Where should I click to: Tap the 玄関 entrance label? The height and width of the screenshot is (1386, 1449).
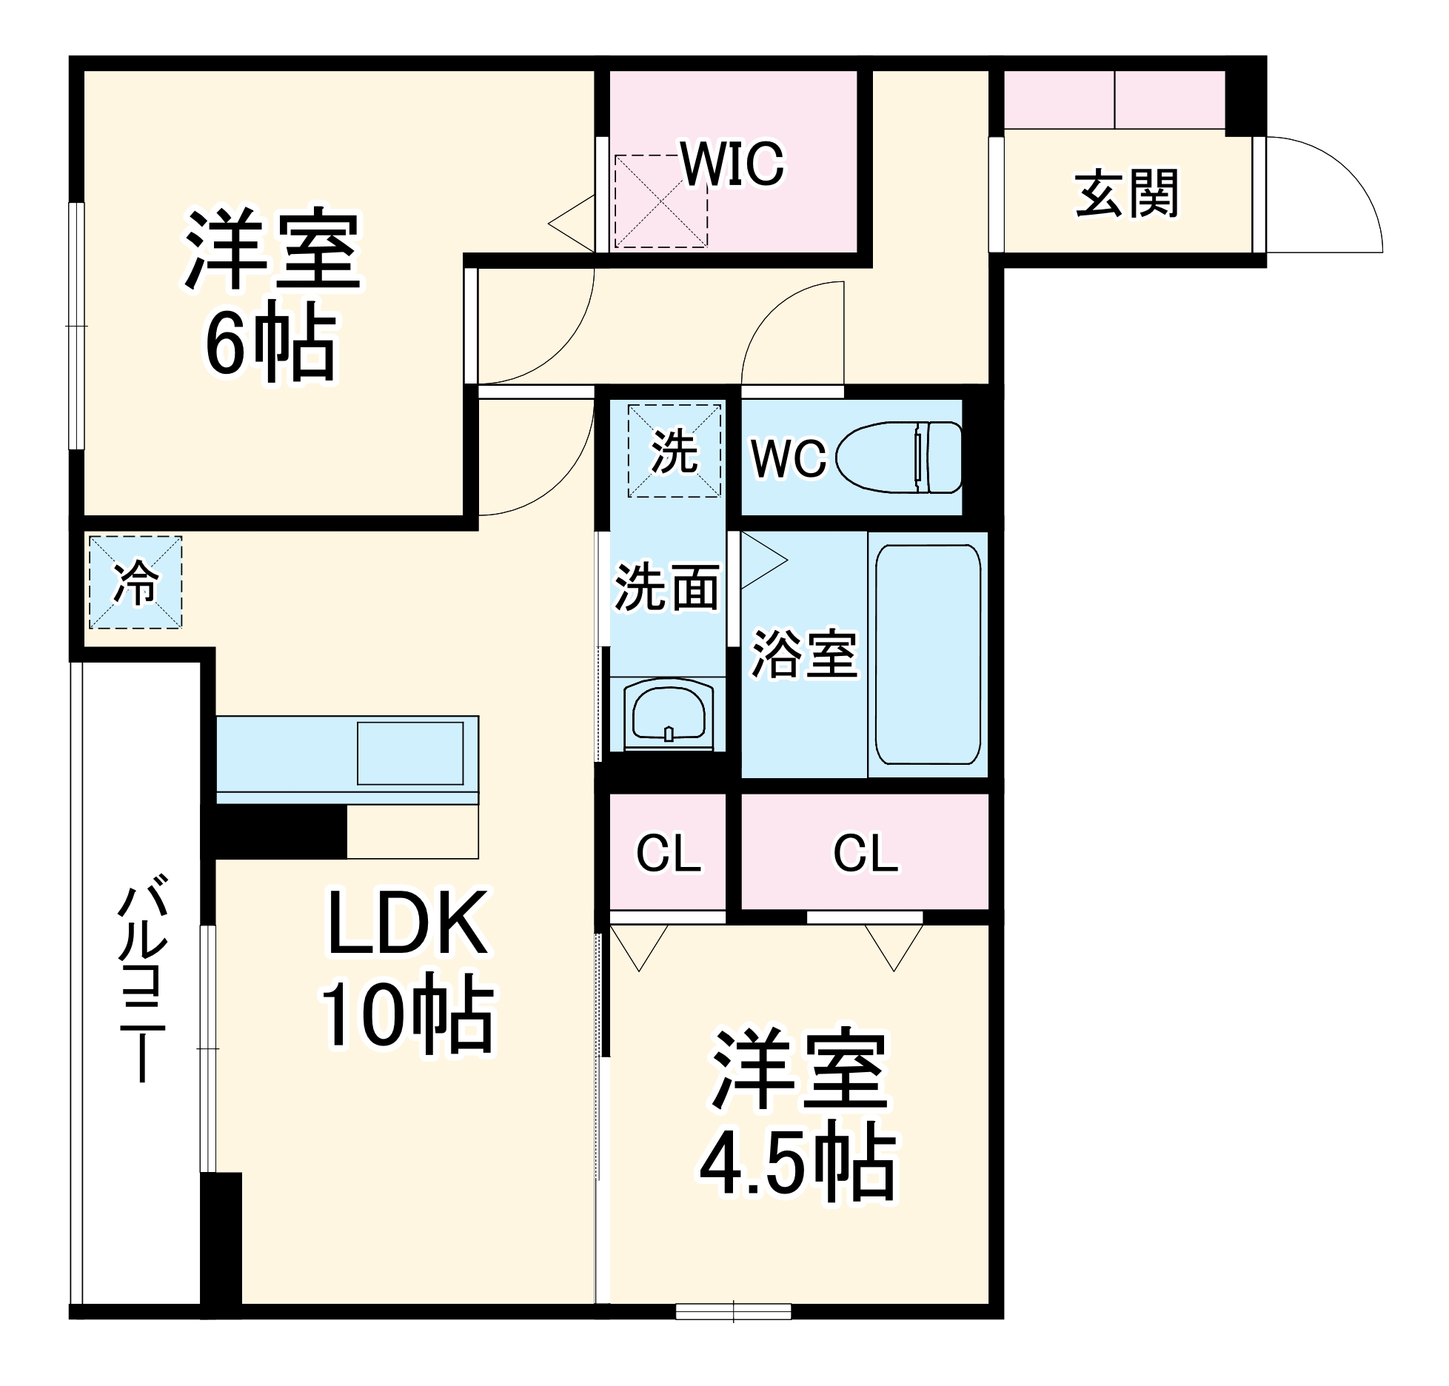1126,194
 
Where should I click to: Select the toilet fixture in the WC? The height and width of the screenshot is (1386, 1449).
900,457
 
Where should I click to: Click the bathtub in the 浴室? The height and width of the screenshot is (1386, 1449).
928,654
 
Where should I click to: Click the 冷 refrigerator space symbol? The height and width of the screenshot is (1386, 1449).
135,582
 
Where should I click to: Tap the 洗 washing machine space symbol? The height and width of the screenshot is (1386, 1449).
674,451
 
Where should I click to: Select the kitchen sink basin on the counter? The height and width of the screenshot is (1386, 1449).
410,753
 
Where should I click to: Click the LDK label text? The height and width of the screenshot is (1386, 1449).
407,923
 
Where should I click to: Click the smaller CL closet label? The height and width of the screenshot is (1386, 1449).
668,854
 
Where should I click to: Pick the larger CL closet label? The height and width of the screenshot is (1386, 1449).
865,854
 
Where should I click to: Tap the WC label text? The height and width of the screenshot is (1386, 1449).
788,458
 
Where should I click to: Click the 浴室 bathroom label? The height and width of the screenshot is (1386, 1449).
805,654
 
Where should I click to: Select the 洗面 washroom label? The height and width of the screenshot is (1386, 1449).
666,588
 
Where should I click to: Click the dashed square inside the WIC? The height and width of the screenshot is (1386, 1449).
660,201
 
